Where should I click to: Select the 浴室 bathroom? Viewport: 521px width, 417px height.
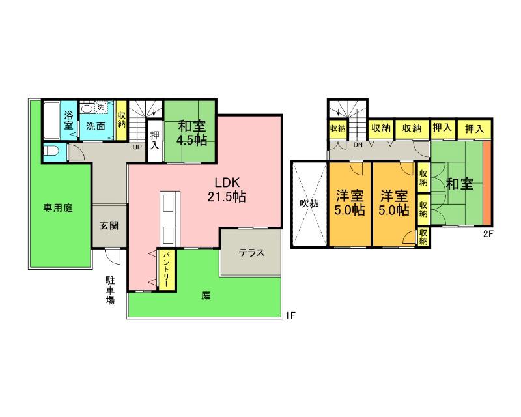click(x=68, y=121)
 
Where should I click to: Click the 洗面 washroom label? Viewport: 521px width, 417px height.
click(x=96, y=126)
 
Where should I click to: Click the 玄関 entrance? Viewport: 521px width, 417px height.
click(x=109, y=226)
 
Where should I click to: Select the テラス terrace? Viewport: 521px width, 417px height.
click(x=251, y=253)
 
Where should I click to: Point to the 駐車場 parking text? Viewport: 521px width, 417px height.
click(x=111, y=291)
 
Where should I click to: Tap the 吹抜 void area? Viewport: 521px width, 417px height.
click(x=309, y=203)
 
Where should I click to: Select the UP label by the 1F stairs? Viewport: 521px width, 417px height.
click(x=137, y=147)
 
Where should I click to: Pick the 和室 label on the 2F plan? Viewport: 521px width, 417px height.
click(x=459, y=184)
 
